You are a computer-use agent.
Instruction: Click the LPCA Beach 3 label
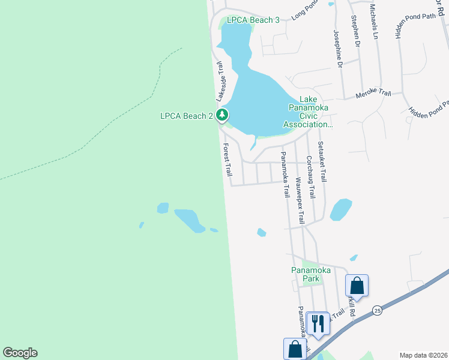pos(253,20)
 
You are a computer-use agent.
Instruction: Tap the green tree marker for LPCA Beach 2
pos(223,115)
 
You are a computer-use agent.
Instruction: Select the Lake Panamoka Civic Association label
pos(308,112)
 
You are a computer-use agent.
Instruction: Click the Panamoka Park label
pos(311,274)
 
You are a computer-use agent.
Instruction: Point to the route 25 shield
pos(377,310)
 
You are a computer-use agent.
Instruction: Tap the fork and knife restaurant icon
pos(318,323)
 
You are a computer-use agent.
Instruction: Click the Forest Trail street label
pos(228,160)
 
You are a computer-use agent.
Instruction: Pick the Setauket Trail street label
pos(322,161)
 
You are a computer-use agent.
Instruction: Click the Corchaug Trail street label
pos(310,177)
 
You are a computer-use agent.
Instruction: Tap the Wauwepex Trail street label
pos(300,200)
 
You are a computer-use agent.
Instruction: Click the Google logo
pos(20,353)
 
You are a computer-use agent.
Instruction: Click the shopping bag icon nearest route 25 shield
pos(357,286)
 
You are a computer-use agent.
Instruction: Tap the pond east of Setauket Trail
pos(340,209)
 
